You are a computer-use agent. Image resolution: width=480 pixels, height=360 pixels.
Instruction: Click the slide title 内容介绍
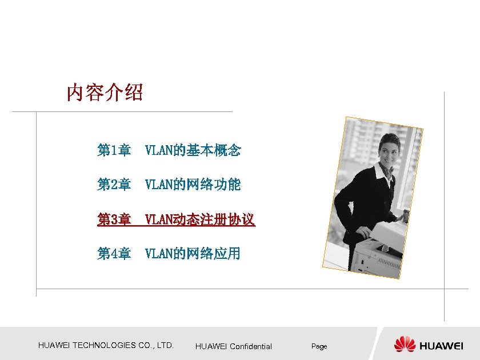coord(105,92)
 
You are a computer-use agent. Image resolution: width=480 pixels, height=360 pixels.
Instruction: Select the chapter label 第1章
coord(114,150)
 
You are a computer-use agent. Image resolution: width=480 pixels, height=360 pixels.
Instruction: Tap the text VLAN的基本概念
coord(193,150)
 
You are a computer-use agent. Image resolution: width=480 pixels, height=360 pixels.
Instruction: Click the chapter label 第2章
coord(114,185)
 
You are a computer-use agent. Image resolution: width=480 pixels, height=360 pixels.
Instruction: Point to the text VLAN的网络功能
coord(193,185)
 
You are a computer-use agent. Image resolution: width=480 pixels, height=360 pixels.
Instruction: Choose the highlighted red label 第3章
coord(114,219)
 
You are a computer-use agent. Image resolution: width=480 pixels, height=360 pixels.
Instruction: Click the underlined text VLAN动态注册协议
coord(200,219)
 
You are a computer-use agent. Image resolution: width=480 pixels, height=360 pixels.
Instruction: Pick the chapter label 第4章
coord(114,253)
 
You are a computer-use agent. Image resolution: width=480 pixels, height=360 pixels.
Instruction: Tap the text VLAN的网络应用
coord(193,253)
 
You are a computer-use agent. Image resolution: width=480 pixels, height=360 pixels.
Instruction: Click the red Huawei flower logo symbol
coord(405,344)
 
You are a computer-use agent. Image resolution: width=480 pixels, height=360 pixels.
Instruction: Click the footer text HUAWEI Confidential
coord(234,346)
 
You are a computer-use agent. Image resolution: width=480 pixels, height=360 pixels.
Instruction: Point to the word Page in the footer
coord(319,346)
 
